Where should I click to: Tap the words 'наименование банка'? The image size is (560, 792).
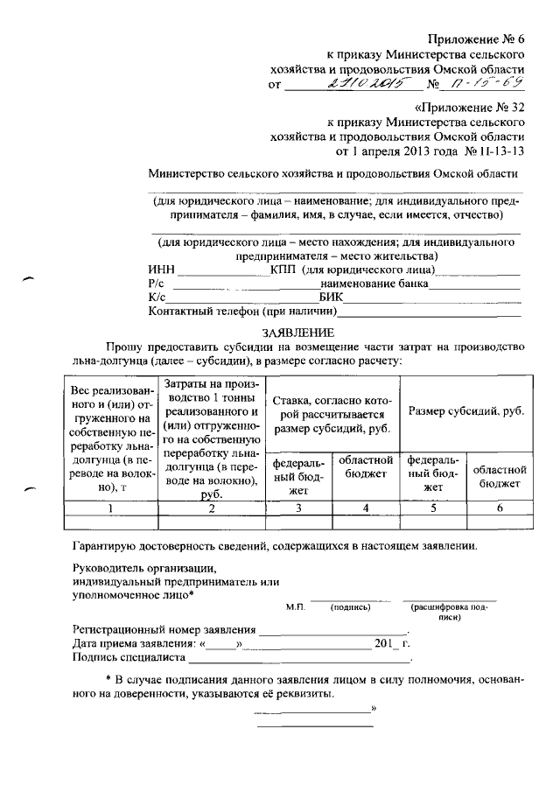[374, 284]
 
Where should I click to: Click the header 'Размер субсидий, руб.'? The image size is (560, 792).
[465, 410]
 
